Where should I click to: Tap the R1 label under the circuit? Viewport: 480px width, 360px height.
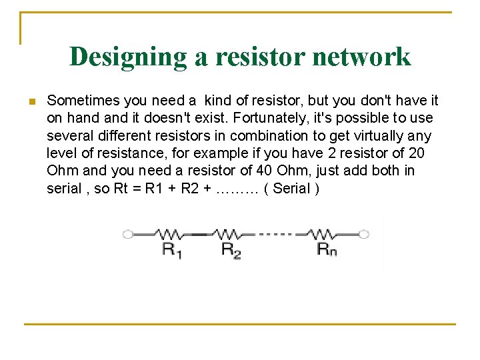click(172, 251)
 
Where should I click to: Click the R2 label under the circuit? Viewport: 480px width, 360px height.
click(230, 251)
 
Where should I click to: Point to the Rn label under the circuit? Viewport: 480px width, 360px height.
click(326, 251)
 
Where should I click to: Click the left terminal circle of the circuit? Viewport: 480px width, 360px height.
click(127, 234)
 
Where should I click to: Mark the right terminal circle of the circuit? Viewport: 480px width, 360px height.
click(364, 234)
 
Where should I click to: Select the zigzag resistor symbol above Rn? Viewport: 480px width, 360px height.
click(325, 234)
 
